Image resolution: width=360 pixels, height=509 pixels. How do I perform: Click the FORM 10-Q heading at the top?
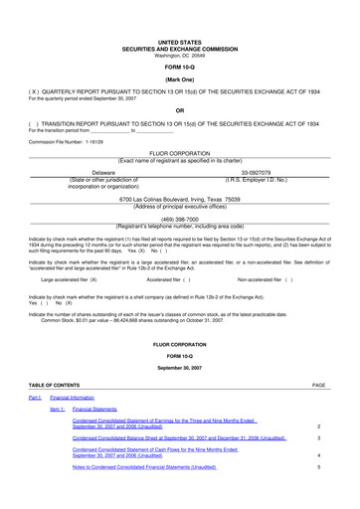179,66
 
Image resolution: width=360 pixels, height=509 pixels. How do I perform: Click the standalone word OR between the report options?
179,109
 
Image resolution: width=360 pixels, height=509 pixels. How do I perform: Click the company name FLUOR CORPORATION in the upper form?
179,152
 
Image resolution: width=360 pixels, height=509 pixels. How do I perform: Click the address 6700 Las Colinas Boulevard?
179,199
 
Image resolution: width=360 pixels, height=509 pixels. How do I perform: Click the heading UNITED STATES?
179,43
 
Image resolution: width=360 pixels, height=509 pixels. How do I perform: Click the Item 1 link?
57,408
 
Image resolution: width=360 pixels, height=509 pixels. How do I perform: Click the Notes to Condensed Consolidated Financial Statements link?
143,465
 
